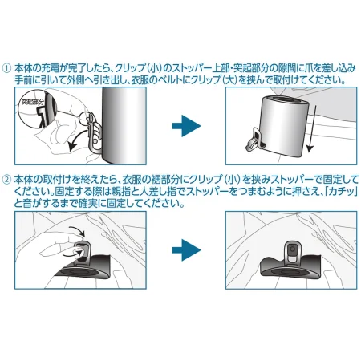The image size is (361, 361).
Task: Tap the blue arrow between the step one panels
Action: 186,126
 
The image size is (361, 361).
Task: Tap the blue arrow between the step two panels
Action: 186,250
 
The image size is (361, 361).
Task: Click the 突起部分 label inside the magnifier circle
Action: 33,102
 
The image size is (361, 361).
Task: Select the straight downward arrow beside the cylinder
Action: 311,128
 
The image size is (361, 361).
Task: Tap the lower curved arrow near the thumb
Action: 72,252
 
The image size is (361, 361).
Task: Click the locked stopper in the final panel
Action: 293,251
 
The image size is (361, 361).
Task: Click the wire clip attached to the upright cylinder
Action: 94,133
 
